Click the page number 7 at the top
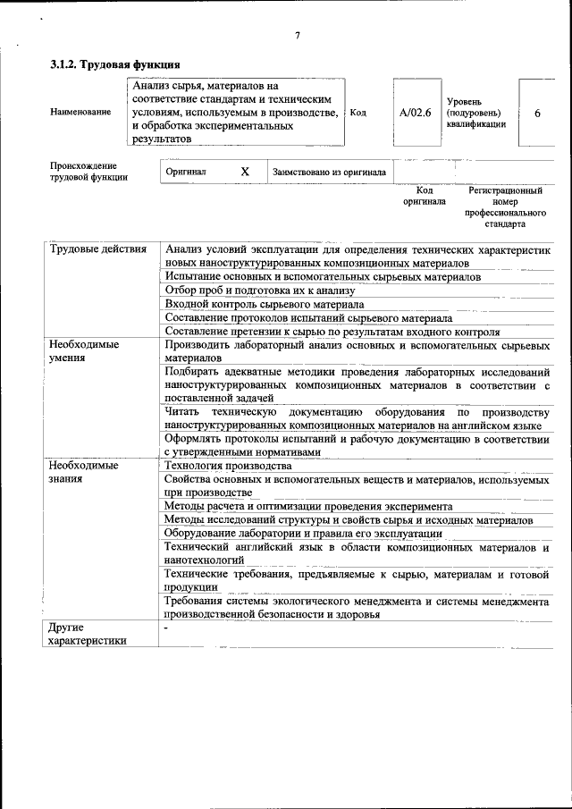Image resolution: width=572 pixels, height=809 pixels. point(297,36)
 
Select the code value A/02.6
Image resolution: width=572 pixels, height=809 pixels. point(416,113)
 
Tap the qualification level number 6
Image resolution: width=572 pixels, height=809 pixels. point(537,114)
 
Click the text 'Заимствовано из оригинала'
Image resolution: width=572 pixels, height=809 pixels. point(329,173)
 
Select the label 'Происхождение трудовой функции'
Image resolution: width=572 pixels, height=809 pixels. point(88,172)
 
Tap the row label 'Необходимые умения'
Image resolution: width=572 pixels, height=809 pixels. point(84,350)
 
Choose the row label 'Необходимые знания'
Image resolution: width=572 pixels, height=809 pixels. point(84,472)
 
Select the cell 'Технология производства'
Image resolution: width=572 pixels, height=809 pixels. point(229,466)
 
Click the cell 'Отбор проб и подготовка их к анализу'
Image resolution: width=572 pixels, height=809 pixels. point(260,291)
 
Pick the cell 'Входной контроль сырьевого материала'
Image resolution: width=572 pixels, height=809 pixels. point(265,304)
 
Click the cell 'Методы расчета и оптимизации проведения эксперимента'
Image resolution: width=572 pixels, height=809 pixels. point(308,506)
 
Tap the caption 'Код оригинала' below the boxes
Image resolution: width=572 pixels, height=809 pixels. point(424,197)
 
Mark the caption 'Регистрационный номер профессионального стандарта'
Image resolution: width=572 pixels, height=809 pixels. point(505,207)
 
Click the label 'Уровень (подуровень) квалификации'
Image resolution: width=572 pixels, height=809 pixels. point(476,114)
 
